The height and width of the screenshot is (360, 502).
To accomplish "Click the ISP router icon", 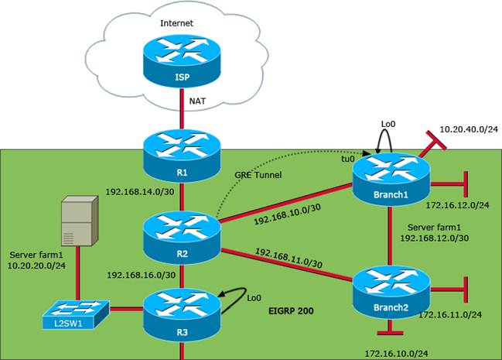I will pos(180,63).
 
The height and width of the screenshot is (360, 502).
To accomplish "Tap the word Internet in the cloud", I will pos(176,23).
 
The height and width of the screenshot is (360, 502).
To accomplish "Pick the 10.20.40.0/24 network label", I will pos(469,129).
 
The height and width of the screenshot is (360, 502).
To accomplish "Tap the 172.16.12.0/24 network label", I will pos(456,205).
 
